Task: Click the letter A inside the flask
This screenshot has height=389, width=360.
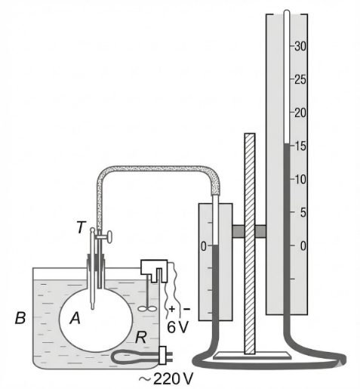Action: [75, 318]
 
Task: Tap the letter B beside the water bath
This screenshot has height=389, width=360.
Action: [20, 318]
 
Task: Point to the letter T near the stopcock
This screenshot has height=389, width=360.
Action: [82, 227]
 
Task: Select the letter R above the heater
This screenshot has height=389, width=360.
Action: [141, 338]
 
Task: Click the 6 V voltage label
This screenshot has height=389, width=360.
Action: [177, 327]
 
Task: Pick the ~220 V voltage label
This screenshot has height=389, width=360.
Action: [166, 378]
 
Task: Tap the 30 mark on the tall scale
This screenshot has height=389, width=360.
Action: [300, 46]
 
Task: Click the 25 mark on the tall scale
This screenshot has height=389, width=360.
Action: [300, 80]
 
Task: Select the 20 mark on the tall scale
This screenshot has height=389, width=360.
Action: [300, 113]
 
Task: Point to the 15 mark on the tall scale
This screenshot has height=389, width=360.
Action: [300, 146]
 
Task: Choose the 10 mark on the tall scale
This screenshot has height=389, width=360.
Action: [300, 179]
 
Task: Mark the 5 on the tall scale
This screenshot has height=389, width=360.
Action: [303, 212]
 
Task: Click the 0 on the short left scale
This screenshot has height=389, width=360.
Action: [203, 246]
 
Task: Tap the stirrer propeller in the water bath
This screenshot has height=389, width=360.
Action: [146, 309]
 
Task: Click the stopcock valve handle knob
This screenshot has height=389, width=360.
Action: [109, 237]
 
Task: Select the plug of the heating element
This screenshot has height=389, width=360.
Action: [163, 355]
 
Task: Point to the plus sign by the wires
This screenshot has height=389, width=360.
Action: [172, 309]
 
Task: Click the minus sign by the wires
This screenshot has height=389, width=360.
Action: [186, 309]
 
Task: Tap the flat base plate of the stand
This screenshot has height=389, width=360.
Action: [252, 355]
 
